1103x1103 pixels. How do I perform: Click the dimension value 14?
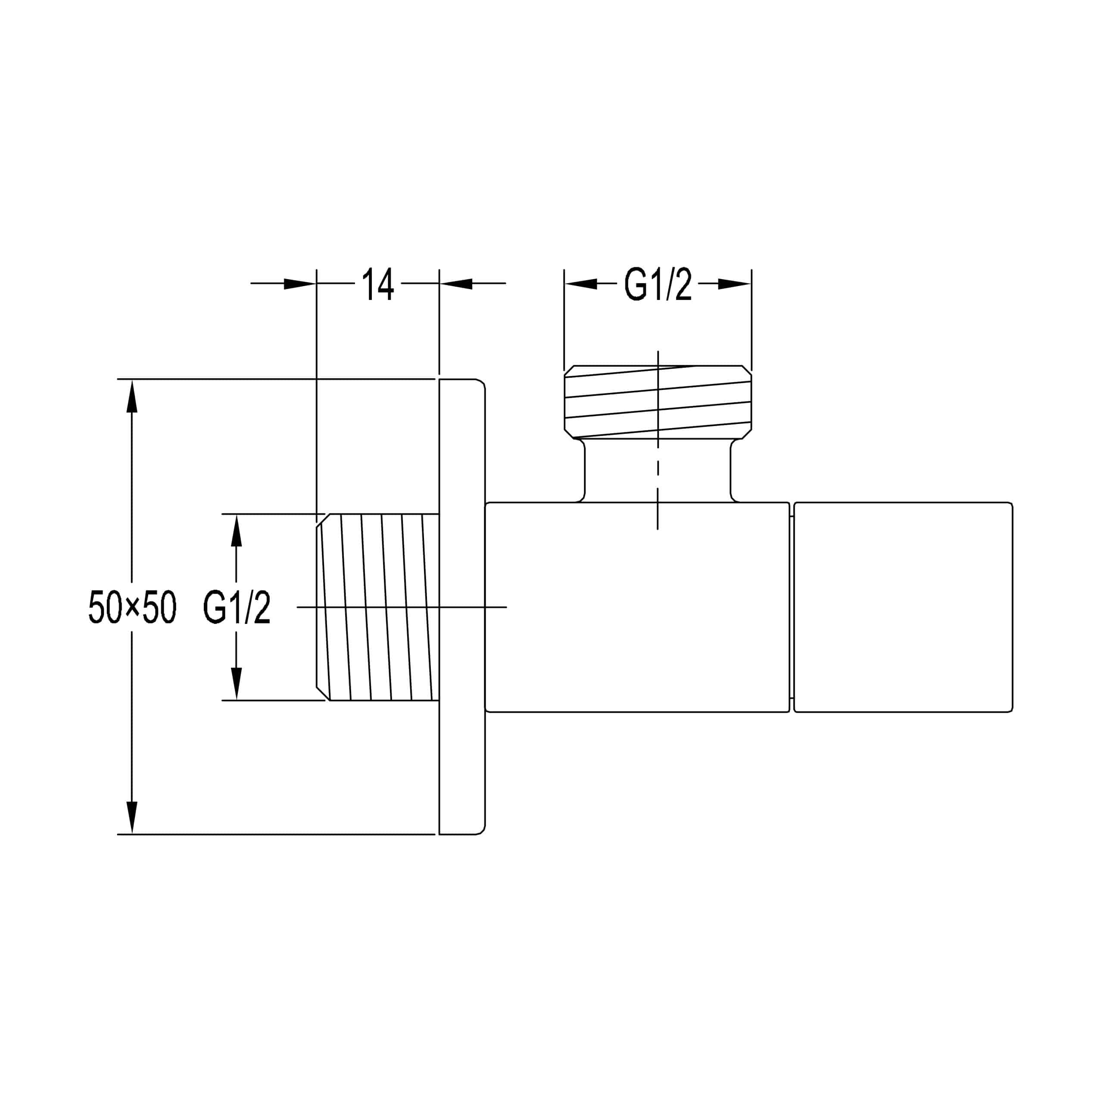[x=378, y=284]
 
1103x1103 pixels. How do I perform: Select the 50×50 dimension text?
[x=132, y=607]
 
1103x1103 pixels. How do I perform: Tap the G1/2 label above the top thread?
[x=657, y=284]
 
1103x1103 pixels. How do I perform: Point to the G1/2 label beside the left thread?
[x=237, y=608]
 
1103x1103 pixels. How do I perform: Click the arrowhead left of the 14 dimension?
[x=300, y=284]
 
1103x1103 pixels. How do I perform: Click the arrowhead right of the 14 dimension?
[x=456, y=284]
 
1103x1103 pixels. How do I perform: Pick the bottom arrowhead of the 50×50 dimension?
[x=132, y=817]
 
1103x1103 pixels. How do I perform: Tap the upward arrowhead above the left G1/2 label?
[x=237, y=530]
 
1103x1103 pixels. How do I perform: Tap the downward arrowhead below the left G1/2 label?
[x=237, y=683]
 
